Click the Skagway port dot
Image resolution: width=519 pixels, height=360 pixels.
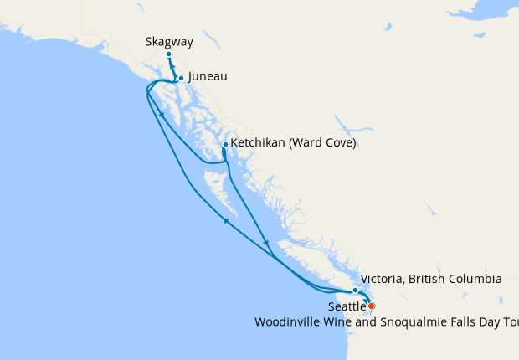168,54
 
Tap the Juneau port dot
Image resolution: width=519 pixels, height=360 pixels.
181,79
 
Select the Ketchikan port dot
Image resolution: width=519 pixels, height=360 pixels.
225,144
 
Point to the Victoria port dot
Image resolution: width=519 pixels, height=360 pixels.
356,290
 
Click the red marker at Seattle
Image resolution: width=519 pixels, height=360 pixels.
372,306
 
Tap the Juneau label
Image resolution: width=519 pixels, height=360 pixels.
208,76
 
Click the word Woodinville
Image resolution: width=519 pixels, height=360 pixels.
286,321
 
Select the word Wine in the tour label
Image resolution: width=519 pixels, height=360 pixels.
336,321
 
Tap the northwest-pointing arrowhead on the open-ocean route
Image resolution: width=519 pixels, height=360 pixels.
225,221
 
